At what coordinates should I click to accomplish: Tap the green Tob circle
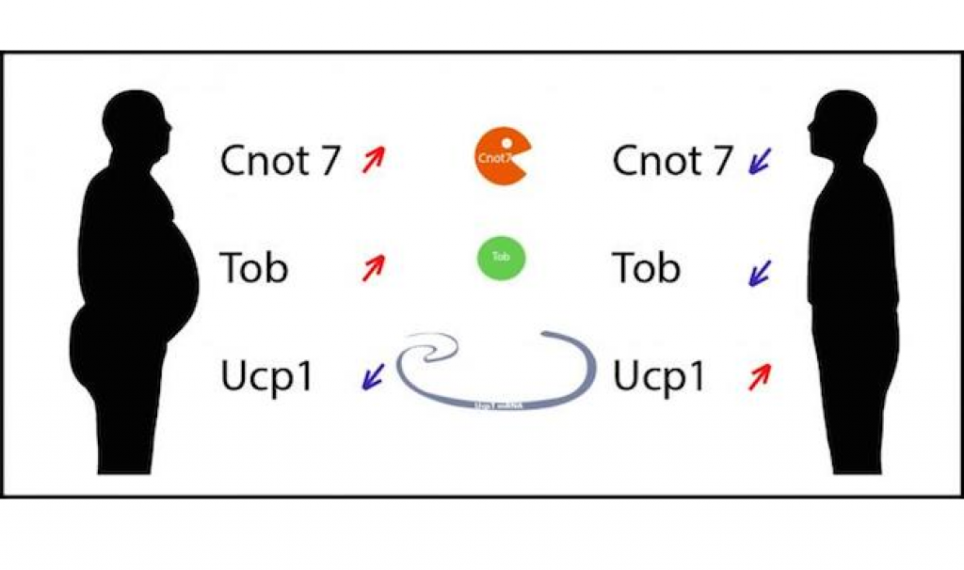pos(501,257)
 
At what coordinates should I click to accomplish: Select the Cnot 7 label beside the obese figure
pos(279,161)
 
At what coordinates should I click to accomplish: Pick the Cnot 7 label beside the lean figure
pos(671,161)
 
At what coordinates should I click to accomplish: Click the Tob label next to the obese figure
pos(253,268)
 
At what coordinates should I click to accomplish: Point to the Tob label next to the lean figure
pos(646,268)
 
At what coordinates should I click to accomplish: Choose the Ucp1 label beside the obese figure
pos(266,376)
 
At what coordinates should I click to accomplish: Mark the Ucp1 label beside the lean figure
pos(659,376)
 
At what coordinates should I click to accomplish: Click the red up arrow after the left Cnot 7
pos(374,161)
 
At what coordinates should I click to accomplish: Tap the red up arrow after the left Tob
pos(374,268)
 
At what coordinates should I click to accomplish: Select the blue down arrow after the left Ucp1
pos(374,377)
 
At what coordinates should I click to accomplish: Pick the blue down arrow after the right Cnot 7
pos(760,162)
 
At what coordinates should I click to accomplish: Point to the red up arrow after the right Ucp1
pos(759,377)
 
